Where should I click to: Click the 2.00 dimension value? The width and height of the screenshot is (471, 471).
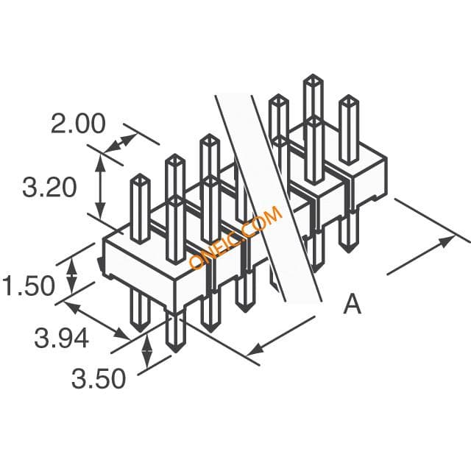(78, 124)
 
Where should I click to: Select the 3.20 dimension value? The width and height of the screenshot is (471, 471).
(49, 188)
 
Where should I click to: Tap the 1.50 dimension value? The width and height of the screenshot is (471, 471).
(29, 286)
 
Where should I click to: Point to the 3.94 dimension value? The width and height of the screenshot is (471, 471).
(62, 339)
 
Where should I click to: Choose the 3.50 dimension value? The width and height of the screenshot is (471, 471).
(98, 378)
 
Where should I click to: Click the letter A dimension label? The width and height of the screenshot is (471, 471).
(352, 304)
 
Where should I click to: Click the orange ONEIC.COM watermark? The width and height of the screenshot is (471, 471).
(235, 237)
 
